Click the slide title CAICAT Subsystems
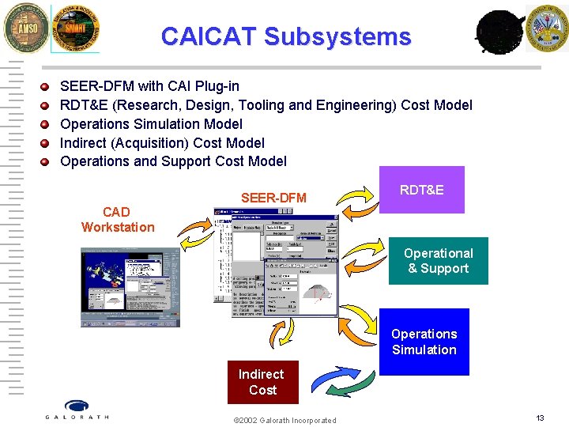285,36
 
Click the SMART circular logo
76,28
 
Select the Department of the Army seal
547,28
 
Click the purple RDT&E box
421,190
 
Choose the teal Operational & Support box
438,261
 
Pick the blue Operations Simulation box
424,342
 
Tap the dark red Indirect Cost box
262,382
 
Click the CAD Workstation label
118,220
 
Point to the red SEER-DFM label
273,198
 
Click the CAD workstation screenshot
130,287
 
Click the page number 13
540,418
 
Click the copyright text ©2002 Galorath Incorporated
284,420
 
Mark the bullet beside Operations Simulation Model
45,124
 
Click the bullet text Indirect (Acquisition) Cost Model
162,142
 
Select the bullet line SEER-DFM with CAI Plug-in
149,85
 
